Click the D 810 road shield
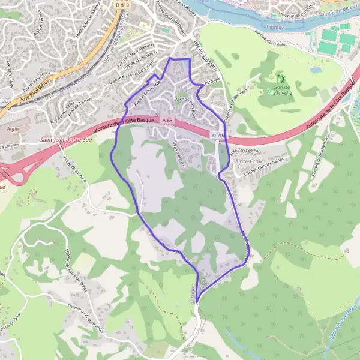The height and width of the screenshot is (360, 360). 121,5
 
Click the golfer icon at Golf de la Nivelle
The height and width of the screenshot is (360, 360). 280,77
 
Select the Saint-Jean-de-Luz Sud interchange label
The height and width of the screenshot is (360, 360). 63,140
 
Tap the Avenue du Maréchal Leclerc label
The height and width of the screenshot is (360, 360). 130,79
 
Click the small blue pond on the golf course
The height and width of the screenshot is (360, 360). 316,70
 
